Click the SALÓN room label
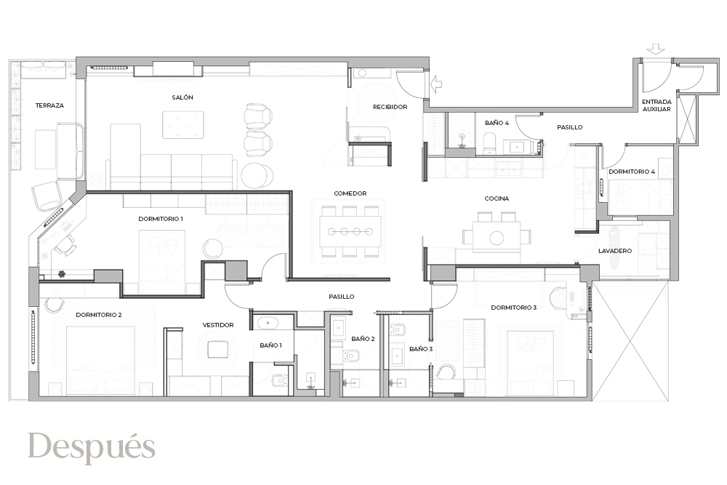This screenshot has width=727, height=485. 182,97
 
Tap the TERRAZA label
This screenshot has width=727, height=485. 49,105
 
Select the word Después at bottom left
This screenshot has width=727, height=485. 92,447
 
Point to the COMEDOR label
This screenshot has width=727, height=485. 350,193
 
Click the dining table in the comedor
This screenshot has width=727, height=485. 350,231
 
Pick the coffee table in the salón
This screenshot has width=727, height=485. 183,125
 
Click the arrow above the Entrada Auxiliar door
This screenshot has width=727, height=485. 657,49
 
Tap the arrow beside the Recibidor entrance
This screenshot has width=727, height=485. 435,84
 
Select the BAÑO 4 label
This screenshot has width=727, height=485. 497,123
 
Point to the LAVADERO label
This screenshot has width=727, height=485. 615,251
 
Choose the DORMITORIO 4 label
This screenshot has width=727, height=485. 632,172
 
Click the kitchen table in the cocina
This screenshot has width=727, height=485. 497,237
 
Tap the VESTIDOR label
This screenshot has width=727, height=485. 218,325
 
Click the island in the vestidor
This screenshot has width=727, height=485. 217,349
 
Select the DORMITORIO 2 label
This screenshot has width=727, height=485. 99,315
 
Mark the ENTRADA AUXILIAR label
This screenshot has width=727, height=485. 656,105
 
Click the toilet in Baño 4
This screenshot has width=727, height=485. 489,142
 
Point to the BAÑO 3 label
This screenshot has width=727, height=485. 421,349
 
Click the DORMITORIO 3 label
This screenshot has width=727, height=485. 514,308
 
